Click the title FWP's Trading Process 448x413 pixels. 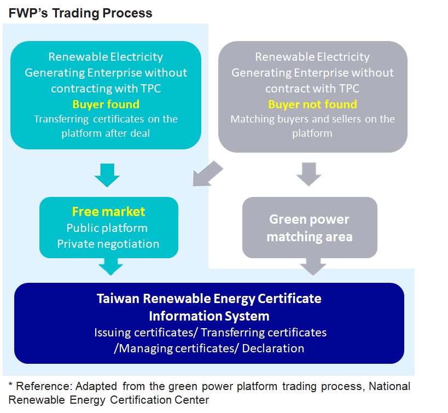click(80, 13)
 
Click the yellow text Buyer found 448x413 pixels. click(106, 104)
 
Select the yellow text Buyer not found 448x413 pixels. click(312, 104)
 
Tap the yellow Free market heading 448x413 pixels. click(108, 211)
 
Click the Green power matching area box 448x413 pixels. click(310, 228)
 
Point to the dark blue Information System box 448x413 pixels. click(209, 323)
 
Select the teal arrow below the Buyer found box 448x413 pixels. click(107, 174)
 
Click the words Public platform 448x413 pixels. click(107, 228)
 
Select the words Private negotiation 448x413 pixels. click(108, 244)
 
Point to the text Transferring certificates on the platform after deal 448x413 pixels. click(106, 126)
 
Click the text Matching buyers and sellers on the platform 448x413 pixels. click(312, 126)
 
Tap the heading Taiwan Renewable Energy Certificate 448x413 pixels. click(209, 299)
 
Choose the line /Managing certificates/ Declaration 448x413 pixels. click(209, 348)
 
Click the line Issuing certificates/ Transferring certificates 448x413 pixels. click(210, 332)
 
